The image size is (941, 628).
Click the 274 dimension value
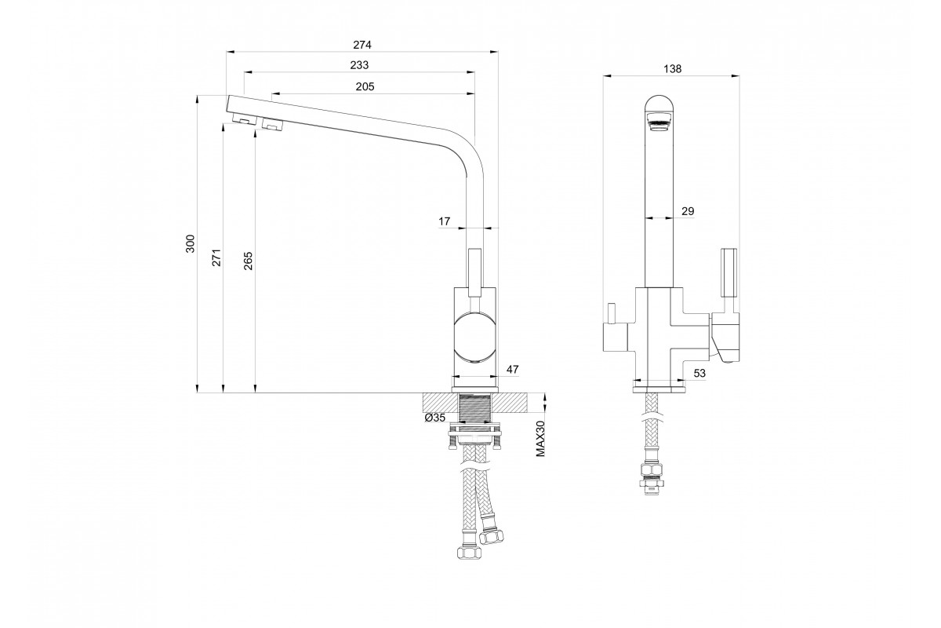pyautogui.click(x=362, y=45)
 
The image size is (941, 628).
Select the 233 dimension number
pyautogui.click(x=359, y=65)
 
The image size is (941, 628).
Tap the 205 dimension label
pyautogui.click(x=365, y=86)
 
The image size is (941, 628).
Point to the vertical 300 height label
pyautogui.click(x=191, y=243)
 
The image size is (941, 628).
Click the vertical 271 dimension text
pyautogui.click(x=216, y=257)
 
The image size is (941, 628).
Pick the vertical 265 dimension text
pyautogui.click(x=249, y=261)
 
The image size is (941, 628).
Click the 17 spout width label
pyautogui.click(x=444, y=221)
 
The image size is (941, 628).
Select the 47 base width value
pyautogui.click(x=512, y=369)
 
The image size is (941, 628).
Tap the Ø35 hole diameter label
pyautogui.click(x=434, y=418)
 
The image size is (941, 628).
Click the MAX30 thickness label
pyautogui.click(x=540, y=438)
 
